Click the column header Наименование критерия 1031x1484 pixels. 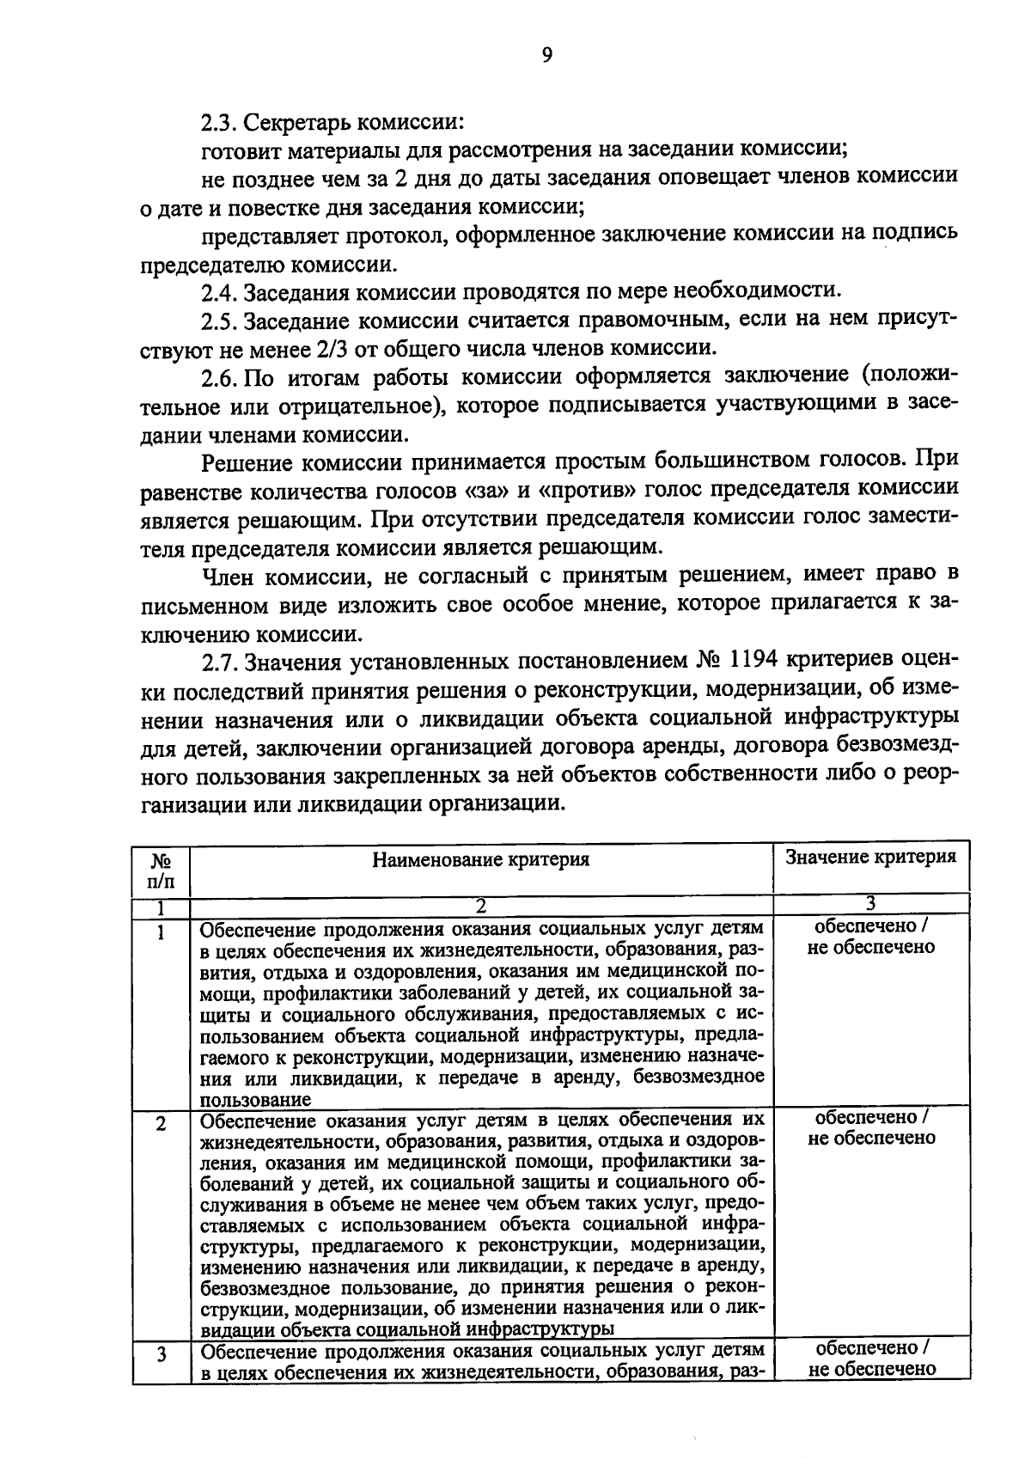coord(481,860)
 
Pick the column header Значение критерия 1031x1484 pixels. coord(871,858)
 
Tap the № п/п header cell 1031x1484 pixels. coord(161,869)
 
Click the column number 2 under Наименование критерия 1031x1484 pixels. coord(481,906)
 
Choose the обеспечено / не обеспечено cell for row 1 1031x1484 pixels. coord(871,937)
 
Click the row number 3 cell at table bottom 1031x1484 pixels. coord(161,1357)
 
